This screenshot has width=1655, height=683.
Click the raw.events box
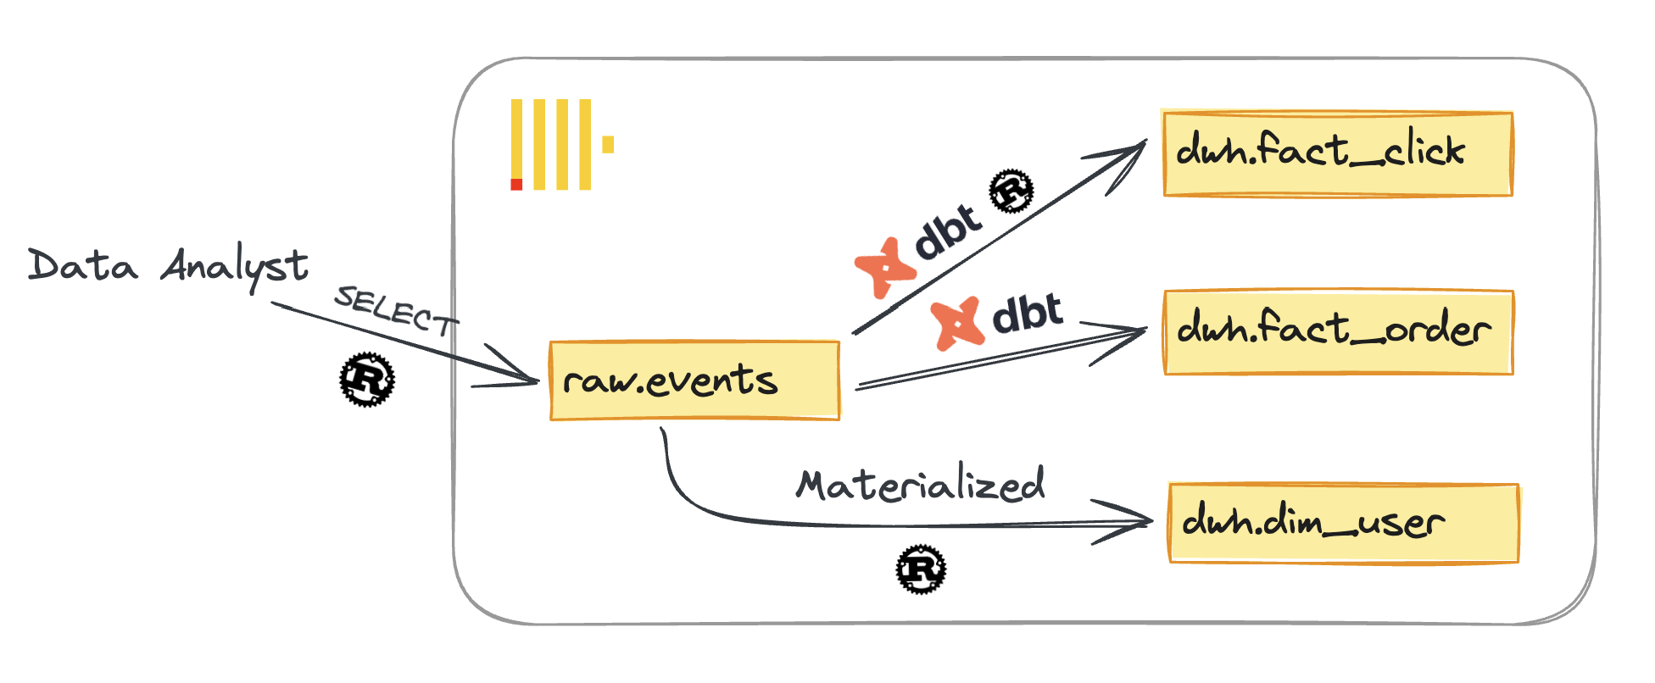[694, 380]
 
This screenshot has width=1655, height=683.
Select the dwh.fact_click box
[1337, 153]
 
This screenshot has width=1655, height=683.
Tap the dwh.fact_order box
[1338, 331]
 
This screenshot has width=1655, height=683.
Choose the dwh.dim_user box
[1343, 523]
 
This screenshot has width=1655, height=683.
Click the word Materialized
[920, 486]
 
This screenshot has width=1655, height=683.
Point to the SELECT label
[395, 310]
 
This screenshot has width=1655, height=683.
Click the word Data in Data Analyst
[82, 265]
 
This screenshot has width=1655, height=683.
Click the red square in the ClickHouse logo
[516, 184]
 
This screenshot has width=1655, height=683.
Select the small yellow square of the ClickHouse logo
[608, 144]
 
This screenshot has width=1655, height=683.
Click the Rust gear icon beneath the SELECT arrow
[367, 379]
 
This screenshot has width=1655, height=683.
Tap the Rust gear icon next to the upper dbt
[1012, 191]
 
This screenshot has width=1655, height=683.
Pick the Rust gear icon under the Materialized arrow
[921, 569]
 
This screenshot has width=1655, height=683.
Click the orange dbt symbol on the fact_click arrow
[885, 268]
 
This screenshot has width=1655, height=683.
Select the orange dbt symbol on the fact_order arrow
[957, 323]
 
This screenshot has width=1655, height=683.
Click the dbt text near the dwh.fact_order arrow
[1027, 314]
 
